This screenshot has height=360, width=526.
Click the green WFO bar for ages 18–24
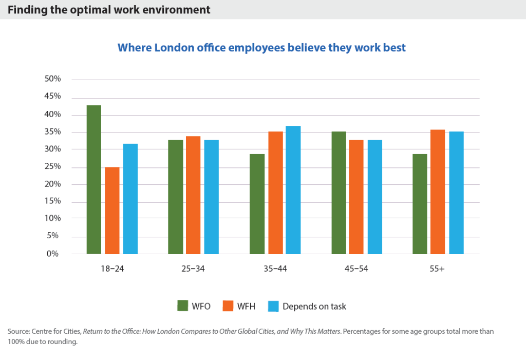94,180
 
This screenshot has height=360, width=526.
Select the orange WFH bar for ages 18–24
112,211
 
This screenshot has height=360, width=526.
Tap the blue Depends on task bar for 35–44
293,190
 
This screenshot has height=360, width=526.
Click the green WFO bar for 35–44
257,204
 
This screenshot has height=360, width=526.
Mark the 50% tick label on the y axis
52,79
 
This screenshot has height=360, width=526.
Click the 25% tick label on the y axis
52,166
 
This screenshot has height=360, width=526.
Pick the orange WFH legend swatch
229,306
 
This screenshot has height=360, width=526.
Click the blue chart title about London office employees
262,48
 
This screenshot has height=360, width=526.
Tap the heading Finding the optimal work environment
109,10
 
